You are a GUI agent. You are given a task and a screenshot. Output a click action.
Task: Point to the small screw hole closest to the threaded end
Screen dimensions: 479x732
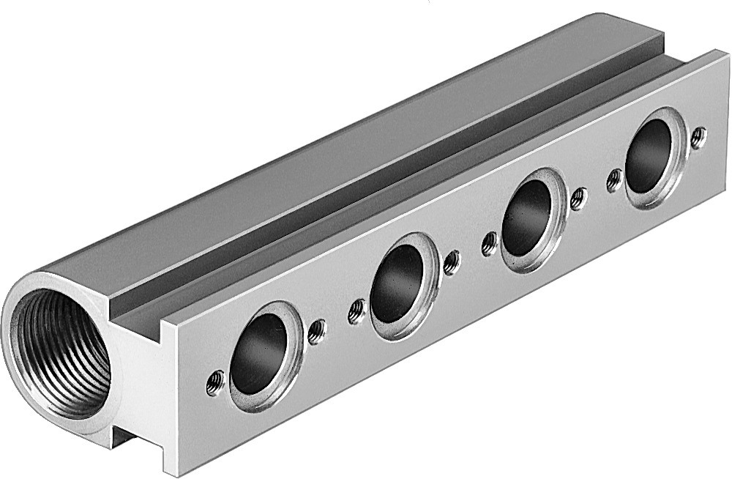coord(214,382)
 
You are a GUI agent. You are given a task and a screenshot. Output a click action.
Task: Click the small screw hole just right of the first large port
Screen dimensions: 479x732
coord(316,331)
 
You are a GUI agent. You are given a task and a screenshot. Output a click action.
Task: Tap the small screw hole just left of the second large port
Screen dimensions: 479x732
coord(356,311)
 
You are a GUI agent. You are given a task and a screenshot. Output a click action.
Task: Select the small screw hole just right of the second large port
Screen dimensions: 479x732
coord(452,261)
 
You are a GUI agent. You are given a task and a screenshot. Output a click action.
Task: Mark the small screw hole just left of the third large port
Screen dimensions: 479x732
coord(489,243)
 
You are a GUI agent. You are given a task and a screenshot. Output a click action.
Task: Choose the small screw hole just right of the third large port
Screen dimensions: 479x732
coord(578,197)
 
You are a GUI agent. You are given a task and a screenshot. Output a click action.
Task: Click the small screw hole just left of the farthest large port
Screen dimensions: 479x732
coord(614,179)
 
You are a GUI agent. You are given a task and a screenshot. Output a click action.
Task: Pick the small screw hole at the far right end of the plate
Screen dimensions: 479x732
coord(698,136)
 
